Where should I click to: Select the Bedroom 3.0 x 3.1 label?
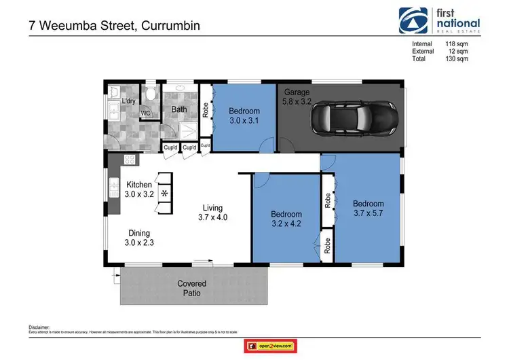click(x=244, y=116)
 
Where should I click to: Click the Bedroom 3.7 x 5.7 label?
click(x=368, y=209)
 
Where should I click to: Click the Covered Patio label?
click(x=191, y=288)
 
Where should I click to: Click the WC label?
click(x=145, y=113)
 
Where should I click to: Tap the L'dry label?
click(x=129, y=102)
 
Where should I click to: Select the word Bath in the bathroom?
click(x=179, y=109)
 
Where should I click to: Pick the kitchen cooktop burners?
click(x=128, y=160)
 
